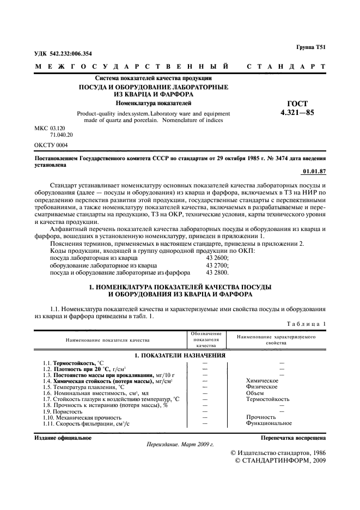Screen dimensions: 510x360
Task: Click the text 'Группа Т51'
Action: (310, 48)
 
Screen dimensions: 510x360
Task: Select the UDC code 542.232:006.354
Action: (63, 53)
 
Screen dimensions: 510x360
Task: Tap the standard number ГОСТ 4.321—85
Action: (297, 109)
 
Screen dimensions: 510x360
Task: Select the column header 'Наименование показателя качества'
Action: (107, 339)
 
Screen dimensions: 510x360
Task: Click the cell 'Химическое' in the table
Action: (263, 380)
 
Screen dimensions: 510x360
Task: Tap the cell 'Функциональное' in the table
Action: (269, 423)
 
